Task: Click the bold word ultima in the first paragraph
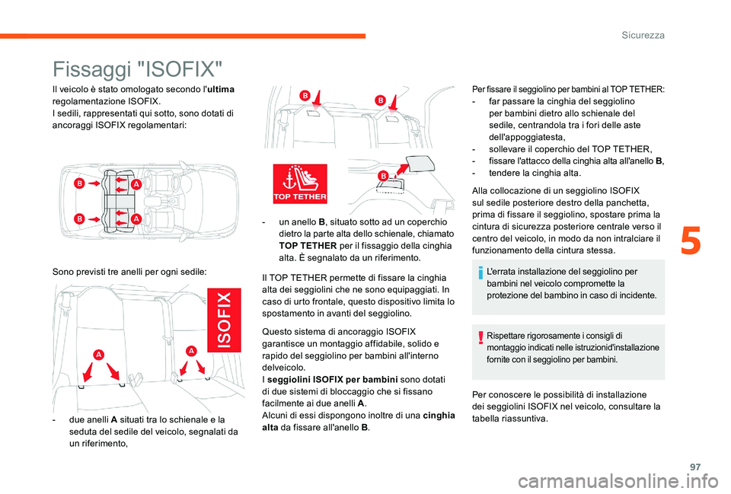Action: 219,90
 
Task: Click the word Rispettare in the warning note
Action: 508,335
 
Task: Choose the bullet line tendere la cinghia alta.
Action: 527,173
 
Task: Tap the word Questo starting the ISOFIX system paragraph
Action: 276,332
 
